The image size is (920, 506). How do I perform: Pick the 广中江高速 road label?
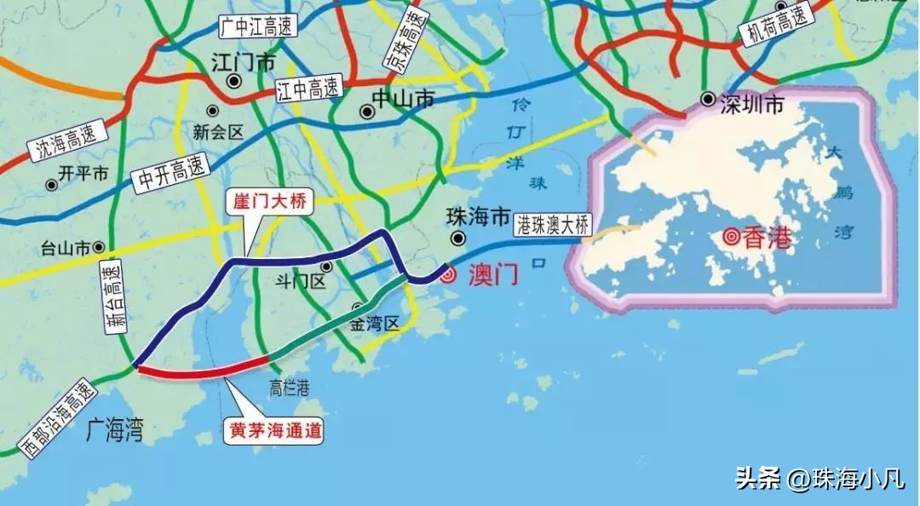pos(257,26)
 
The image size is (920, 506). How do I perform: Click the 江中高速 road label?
pos(308,88)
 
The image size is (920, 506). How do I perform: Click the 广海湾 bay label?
pos(114,432)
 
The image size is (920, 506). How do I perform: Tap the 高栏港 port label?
pos(289,388)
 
